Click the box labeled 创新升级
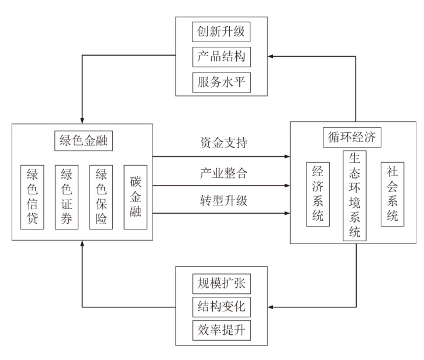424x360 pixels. (221, 32)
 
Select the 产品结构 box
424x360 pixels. (222, 57)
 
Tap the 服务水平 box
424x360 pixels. (222, 83)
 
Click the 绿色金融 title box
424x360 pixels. (84, 140)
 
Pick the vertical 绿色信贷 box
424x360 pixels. (32, 197)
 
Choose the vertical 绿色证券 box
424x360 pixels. (67, 197)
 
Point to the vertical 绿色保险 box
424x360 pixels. (101, 197)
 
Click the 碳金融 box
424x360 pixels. (135, 197)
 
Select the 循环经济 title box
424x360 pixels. (352, 137)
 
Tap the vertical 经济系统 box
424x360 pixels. (318, 194)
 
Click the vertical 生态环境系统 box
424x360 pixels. (354, 196)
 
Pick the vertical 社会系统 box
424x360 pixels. (392, 194)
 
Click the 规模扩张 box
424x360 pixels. (222, 284)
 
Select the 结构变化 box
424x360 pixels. (222, 307)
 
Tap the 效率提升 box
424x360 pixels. (222, 330)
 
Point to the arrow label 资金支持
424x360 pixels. (223, 143)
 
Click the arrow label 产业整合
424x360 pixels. (223, 173)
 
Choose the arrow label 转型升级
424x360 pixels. (223, 201)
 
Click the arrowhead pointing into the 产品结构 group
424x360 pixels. (270, 56)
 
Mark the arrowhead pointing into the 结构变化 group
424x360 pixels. (270, 307)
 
